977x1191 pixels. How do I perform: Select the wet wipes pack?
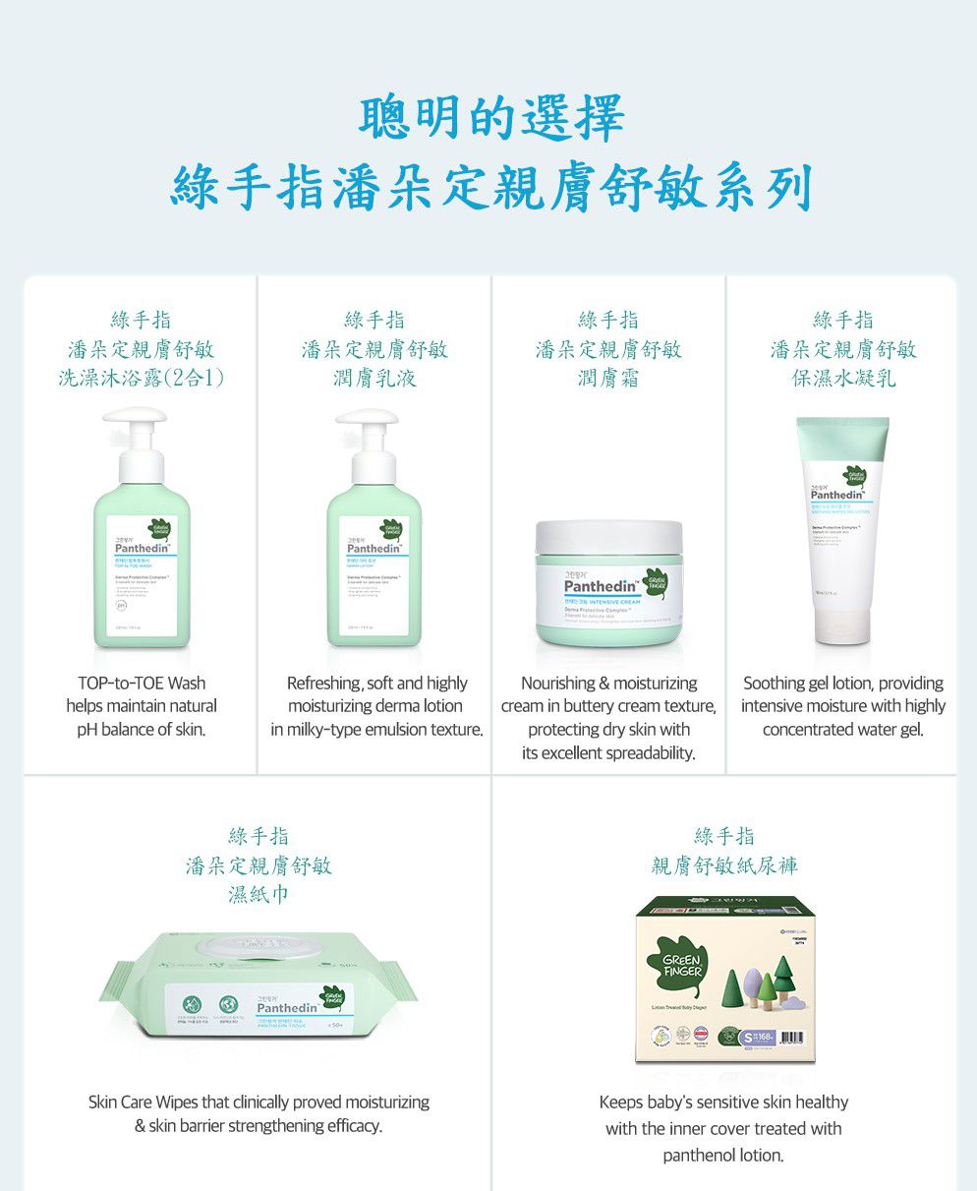(x=258, y=987)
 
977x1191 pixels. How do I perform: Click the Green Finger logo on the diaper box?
(x=682, y=964)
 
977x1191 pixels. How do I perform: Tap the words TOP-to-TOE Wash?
(x=142, y=683)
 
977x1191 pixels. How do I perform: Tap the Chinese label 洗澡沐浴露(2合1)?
(x=141, y=379)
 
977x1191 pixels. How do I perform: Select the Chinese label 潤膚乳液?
(x=374, y=379)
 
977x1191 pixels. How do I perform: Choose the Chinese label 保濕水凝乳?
(x=843, y=379)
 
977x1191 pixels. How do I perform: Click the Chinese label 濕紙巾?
(x=258, y=895)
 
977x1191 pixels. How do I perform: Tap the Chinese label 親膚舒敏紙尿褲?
(x=724, y=865)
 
